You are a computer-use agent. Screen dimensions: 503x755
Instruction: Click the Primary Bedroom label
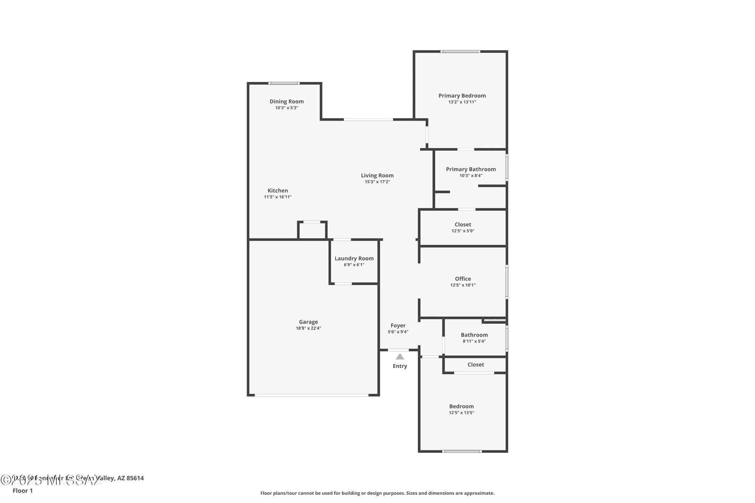point(462,96)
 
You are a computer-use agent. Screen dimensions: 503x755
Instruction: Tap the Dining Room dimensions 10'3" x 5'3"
point(287,108)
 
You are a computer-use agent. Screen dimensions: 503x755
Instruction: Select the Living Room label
point(377,175)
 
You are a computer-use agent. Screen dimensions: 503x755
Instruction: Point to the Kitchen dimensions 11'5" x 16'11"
point(277,197)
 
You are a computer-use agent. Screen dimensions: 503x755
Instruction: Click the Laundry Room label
point(354,258)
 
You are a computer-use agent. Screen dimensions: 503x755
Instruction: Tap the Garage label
point(308,322)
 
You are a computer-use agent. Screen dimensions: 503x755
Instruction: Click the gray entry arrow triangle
point(400,357)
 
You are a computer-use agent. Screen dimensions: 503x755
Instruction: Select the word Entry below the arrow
point(400,366)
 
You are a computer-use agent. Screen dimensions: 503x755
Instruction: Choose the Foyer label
point(398,326)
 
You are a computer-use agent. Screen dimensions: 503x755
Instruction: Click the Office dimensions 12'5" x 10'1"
point(463,285)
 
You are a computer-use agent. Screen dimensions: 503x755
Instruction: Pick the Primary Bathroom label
point(471,169)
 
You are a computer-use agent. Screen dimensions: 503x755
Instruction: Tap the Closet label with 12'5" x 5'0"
point(463,225)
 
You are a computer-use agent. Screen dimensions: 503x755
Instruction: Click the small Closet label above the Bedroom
point(476,365)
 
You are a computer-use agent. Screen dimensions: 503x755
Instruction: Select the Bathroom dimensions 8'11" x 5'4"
point(474,341)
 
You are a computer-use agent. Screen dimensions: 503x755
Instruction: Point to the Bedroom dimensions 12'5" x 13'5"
point(461,413)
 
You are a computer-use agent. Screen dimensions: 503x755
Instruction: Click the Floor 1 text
point(23,491)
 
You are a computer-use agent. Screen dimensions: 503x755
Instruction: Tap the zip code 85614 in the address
point(135,478)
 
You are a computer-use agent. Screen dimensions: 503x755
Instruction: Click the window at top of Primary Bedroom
point(460,52)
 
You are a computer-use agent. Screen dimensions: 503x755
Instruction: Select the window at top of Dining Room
point(284,83)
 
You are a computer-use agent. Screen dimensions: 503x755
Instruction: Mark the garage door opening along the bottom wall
point(311,395)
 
